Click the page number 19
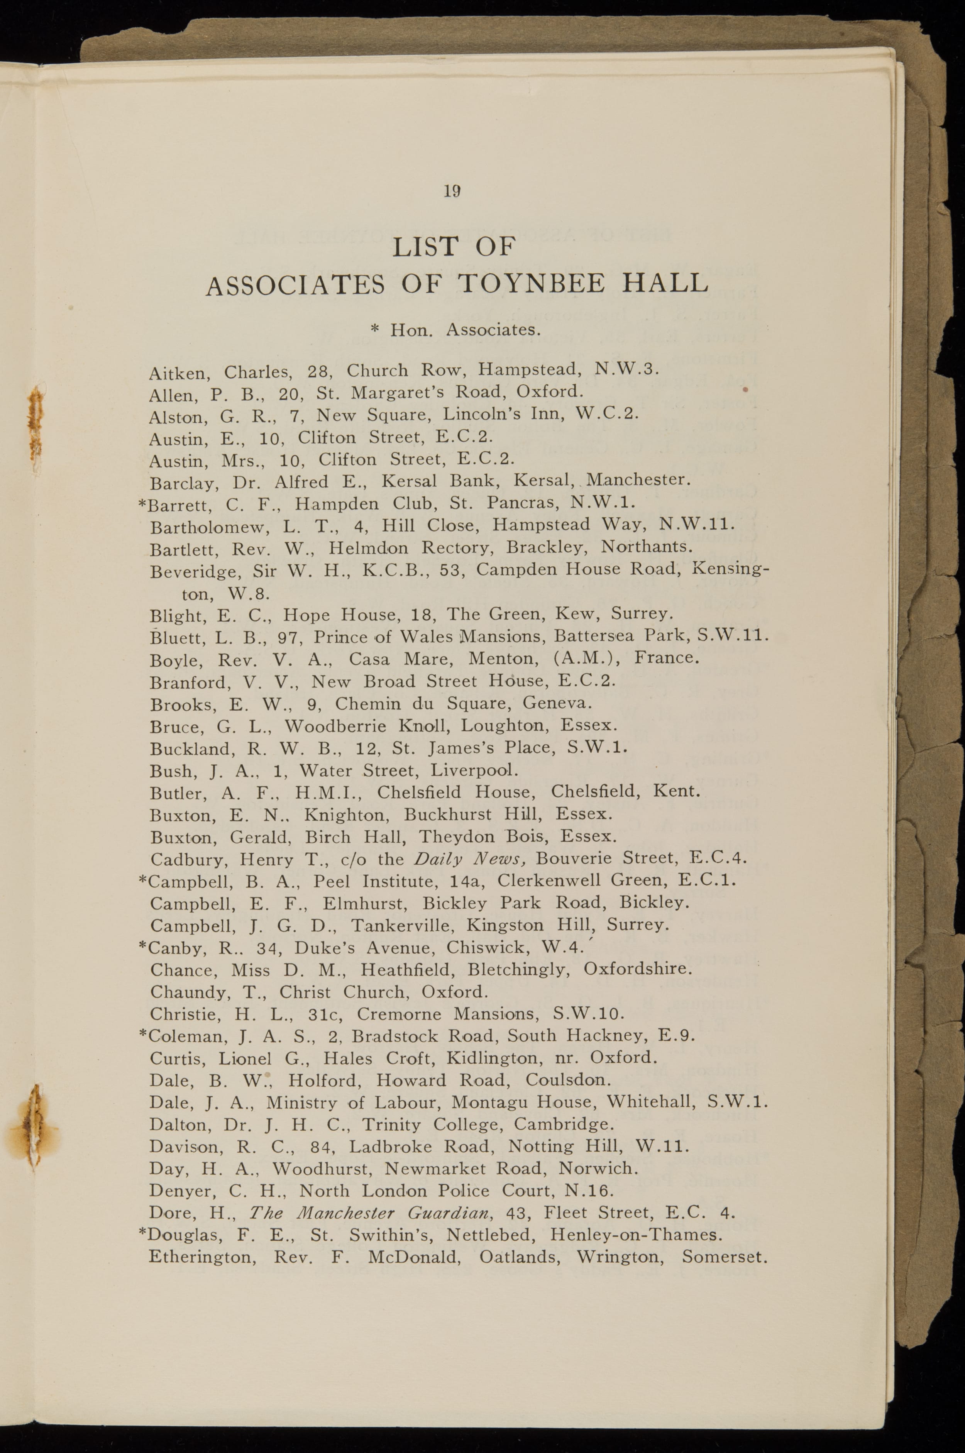pyautogui.click(x=452, y=191)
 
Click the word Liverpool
pyautogui.click(x=474, y=770)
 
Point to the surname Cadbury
pyautogui.click(x=190, y=859)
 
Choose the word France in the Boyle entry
pyautogui.click(x=667, y=657)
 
